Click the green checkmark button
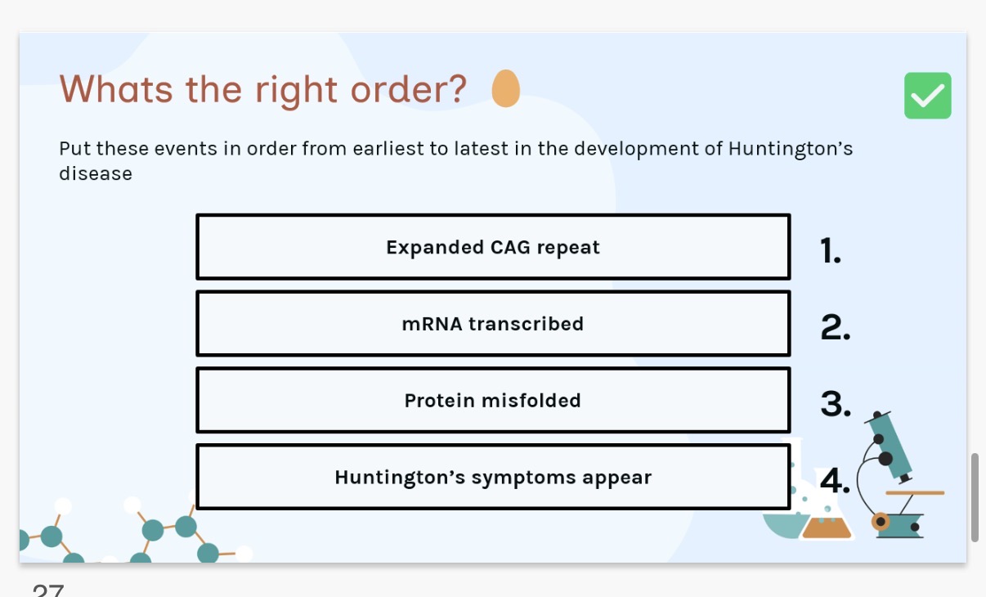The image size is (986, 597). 927,96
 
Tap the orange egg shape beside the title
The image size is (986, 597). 506,88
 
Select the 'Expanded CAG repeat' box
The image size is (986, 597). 493,247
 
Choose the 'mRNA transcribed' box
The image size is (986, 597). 493,324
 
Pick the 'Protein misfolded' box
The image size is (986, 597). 493,400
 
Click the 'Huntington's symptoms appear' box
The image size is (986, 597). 493,478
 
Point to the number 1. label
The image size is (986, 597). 831,250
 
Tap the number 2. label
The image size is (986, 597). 836,327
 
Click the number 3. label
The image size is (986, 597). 836,404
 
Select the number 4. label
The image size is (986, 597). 835,480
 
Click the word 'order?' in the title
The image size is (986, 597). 408,90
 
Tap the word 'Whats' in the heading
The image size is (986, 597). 116,89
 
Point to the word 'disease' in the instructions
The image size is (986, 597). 96,173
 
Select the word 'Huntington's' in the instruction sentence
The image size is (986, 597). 791,149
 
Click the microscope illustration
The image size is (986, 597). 898,474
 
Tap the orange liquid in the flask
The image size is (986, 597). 827,527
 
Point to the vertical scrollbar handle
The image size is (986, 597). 975,497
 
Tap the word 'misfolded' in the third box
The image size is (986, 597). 531,401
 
